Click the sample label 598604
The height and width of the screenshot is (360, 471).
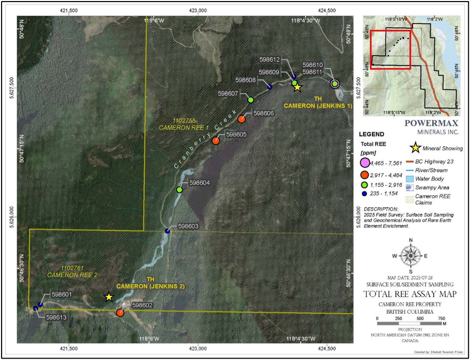pos(199,183)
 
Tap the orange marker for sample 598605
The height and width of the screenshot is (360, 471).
pos(216,141)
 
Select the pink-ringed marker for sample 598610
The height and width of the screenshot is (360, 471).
pos(334,84)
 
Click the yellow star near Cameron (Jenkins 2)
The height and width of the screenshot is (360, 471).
pos(109,297)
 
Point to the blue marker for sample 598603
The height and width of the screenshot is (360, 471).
pos(167,231)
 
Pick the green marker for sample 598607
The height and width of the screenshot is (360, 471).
pos(250,100)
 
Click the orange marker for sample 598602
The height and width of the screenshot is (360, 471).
pos(120,313)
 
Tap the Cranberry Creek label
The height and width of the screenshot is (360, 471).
pos(205,139)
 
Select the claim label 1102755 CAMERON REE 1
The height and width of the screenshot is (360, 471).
pos(184,124)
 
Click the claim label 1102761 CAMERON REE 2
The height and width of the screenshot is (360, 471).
pos(72,271)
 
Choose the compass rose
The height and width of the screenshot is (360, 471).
pos(410,256)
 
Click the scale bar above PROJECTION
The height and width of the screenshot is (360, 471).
pos(409,323)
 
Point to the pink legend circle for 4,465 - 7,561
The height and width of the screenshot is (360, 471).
pos(364,163)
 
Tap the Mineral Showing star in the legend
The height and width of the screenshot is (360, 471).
pos(416,148)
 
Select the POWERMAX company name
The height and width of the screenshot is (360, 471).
pos(431,123)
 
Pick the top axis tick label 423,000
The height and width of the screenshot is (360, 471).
pos(198,11)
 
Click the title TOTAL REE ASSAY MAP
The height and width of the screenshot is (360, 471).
pos(410,294)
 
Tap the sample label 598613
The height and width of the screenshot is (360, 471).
pos(56,317)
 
